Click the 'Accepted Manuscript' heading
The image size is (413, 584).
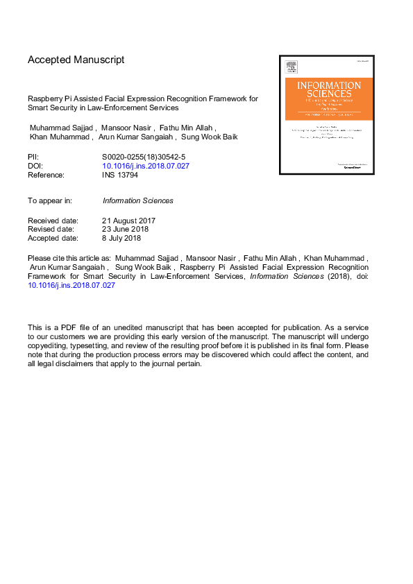[x=76, y=60]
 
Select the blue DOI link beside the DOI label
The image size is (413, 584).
[x=146, y=166]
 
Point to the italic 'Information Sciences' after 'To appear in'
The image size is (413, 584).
[x=137, y=200]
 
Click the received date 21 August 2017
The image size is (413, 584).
[x=129, y=221]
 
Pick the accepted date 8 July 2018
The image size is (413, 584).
[x=121, y=239]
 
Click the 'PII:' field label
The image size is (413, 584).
[x=33, y=157]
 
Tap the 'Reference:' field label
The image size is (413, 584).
[x=46, y=175]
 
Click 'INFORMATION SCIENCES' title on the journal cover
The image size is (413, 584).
[x=329, y=89]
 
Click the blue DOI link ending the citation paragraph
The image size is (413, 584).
[x=71, y=285]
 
